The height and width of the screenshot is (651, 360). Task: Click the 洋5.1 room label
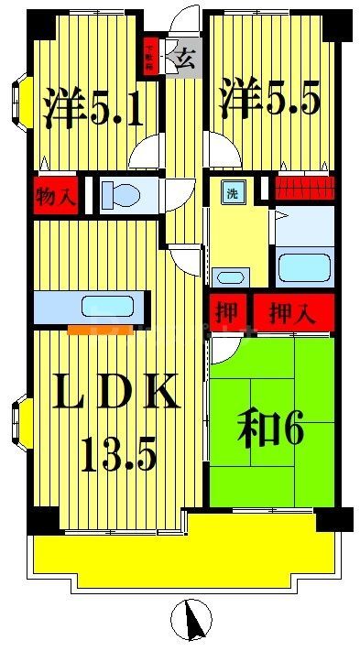(93, 108)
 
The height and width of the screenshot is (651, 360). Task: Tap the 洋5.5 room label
(268, 97)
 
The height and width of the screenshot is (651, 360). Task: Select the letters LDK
(114, 396)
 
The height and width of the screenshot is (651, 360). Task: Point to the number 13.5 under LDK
(116, 452)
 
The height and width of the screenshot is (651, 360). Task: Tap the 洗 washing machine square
(233, 193)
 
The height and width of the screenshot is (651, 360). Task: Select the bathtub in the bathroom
(304, 268)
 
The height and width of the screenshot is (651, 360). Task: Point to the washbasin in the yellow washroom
(233, 277)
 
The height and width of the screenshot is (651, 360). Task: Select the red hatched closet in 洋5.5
(305, 188)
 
